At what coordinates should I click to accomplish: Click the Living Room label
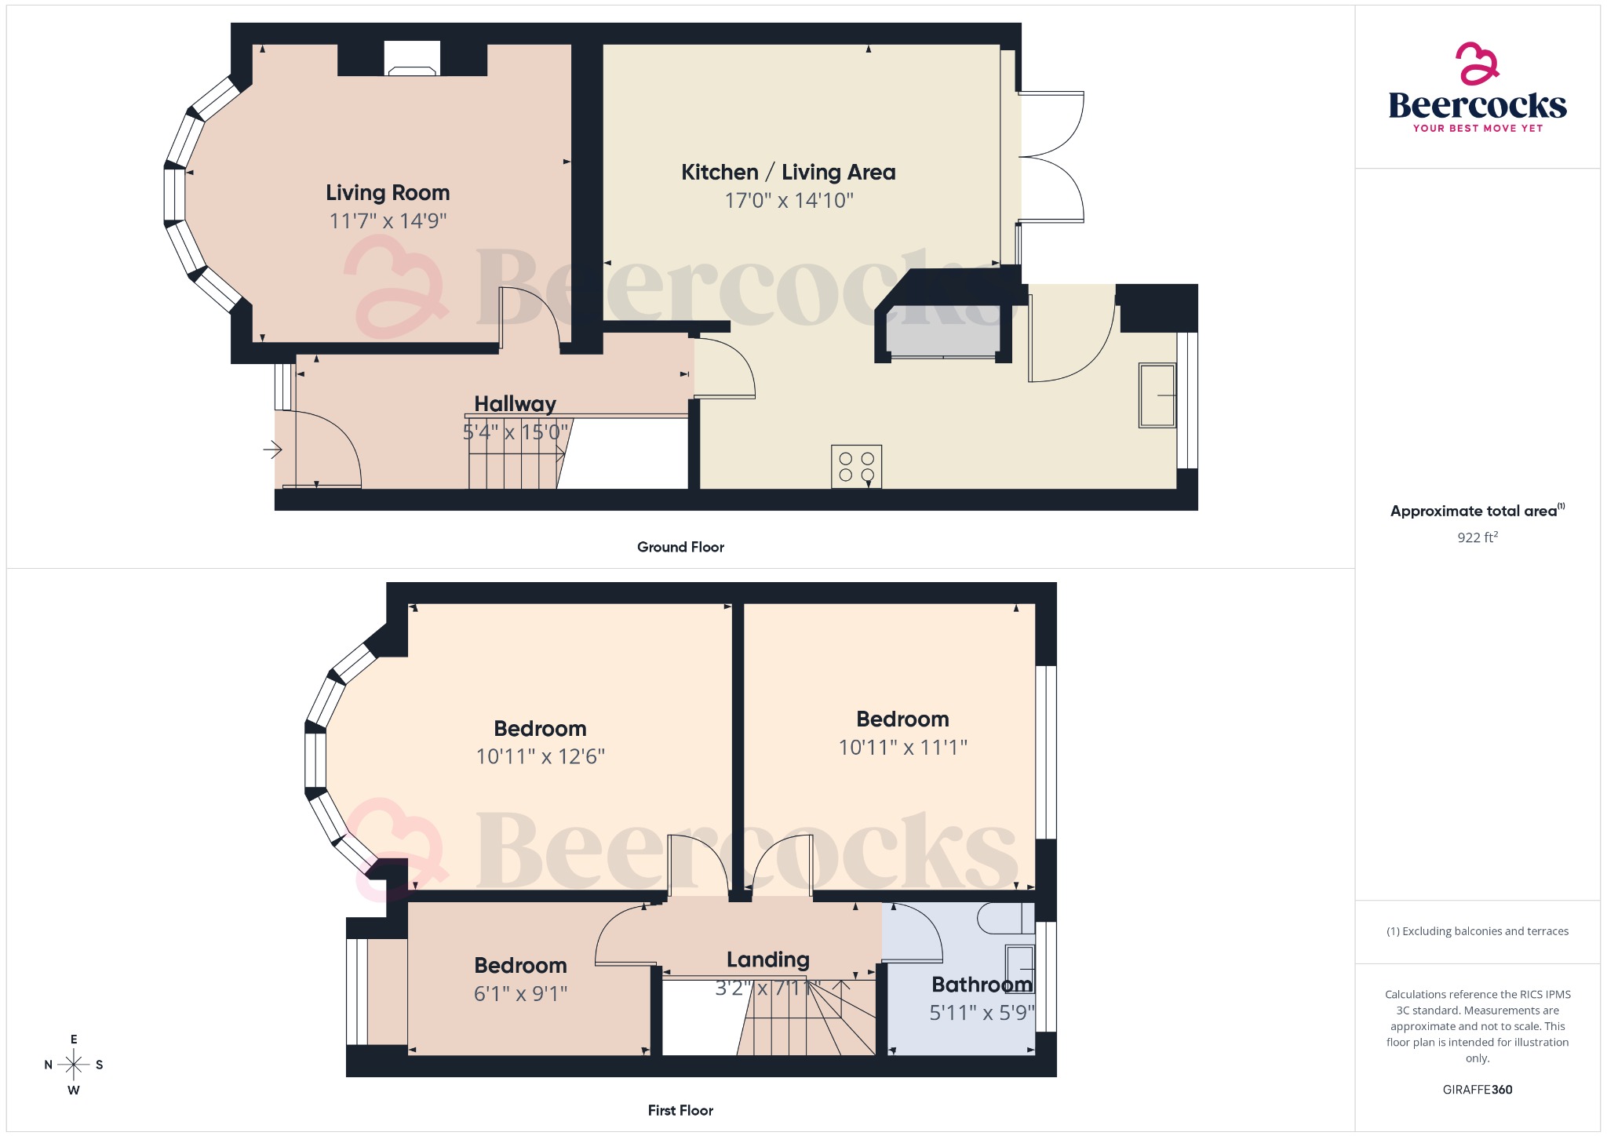[388, 193]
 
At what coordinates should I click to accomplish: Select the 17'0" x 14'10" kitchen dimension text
[789, 201]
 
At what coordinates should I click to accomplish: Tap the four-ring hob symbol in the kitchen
[856, 467]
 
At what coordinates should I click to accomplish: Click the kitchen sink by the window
[1157, 395]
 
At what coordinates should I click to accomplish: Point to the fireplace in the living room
[412, 60]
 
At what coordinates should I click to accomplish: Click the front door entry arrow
[272, 450]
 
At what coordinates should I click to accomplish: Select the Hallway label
[515, 404]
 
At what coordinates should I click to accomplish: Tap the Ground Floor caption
[680, 548]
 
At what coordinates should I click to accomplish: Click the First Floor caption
[680, 1111]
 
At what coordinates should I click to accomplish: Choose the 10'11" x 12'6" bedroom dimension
[540, 757]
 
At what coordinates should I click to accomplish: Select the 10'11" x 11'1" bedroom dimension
[902, 748]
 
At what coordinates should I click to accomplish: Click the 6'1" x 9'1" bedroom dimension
[520, 994]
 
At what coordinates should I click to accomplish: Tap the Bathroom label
[982, 985]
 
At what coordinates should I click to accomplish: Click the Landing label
[767, 960]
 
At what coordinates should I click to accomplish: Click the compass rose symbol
[74, 1065]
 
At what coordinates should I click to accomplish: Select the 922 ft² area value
[1477, 537]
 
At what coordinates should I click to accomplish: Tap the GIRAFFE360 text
[1477, 1090]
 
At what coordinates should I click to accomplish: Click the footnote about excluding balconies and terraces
[1477, 931]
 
